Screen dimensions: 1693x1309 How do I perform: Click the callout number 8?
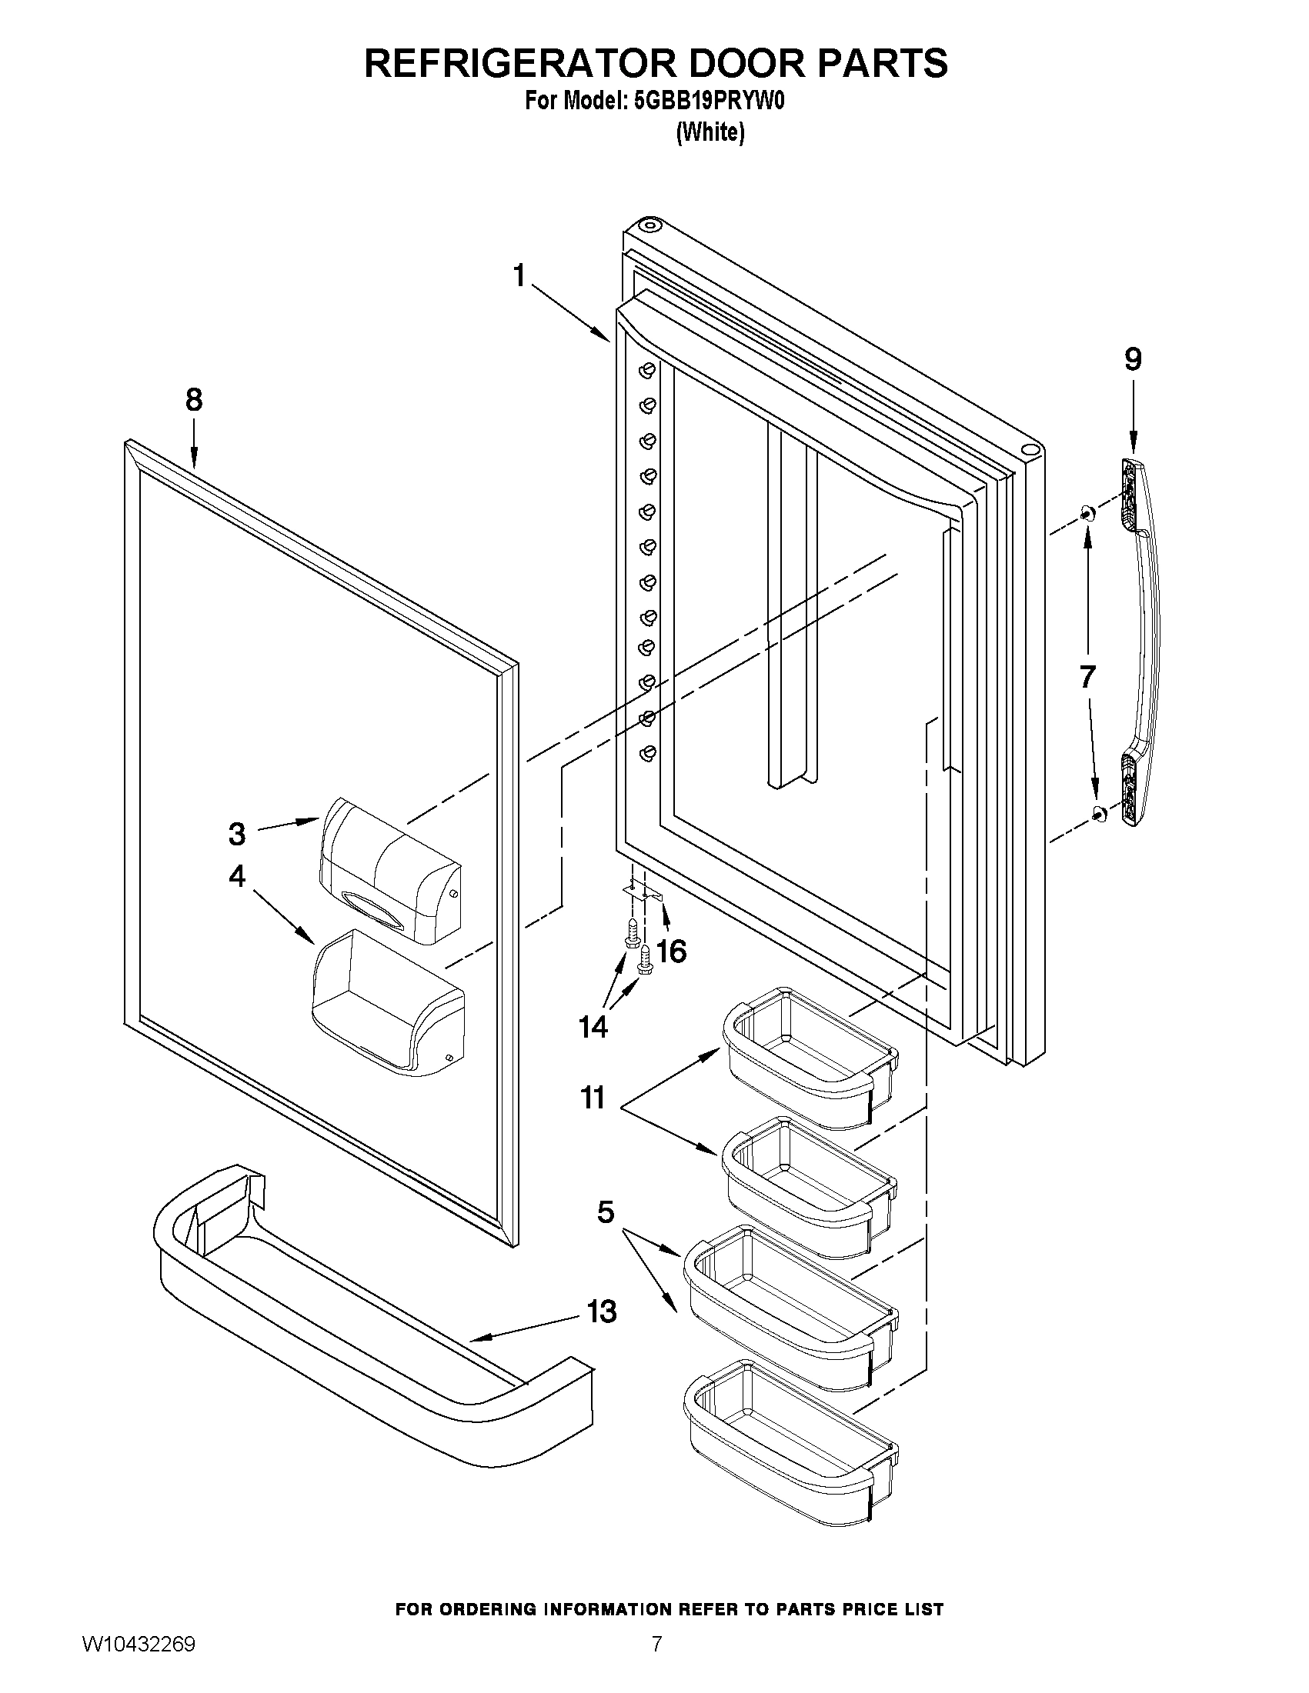[194, 401]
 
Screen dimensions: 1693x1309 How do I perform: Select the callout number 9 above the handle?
[1133, 359]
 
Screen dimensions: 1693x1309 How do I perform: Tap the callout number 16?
[672, 951]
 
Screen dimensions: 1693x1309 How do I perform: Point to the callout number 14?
[593, 1027]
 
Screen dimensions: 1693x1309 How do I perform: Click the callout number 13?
[601, 1311]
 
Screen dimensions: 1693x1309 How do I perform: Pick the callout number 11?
[593, 1098]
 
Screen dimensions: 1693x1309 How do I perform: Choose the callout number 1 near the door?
[519, 275]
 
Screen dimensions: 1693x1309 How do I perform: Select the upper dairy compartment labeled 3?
[392, 872]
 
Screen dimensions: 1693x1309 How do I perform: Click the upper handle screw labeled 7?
[1087, 512]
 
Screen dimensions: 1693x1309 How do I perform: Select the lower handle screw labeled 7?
[1099, 812]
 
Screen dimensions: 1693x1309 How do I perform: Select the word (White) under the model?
[710, 132]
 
